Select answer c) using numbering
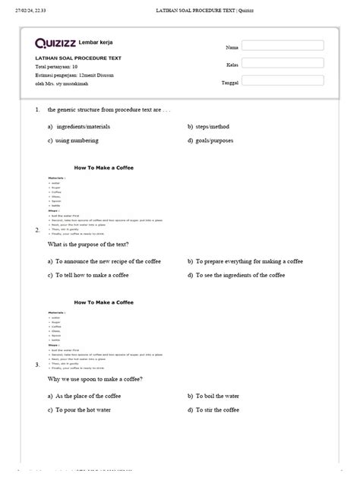coord(75,141)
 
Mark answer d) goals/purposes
coord(216,141)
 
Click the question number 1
coord(37,109)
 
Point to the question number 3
coord(37,365)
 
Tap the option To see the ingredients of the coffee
coord(238,274)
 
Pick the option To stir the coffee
coord(216,409)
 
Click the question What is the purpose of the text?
coord(88,245)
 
